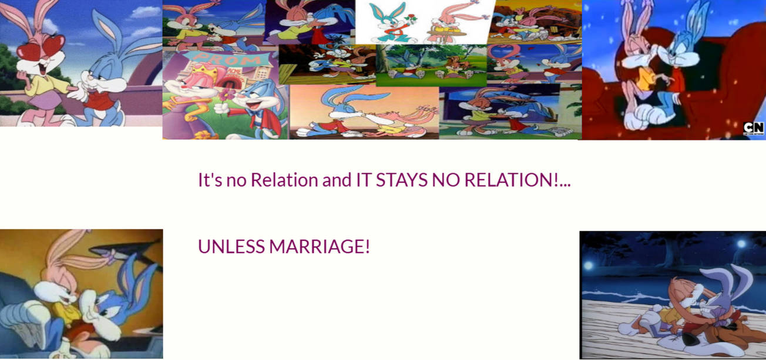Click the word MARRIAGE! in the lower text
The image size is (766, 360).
(x=320, y=246)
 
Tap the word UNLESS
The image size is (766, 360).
(x=231, y=246)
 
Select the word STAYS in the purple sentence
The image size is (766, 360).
(x=401, y=180)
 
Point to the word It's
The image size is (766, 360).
(x=210, y=180)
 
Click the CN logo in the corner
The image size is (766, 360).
(x=753, y=129)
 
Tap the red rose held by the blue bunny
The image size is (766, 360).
(x=411, y=17)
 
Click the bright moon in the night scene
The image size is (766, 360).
(x=741, y=244)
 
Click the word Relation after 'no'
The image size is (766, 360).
(x=284, y=180)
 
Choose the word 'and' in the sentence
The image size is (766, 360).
(x=337, y=180)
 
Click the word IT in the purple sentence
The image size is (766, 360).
(x=364, y=180)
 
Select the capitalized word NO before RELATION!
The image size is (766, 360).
(x=446, y=180)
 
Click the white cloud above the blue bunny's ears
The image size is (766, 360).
(x=145, y=12)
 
